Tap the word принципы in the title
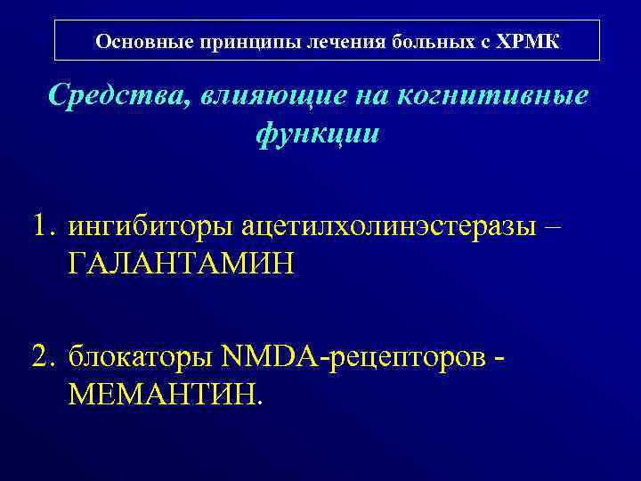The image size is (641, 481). (x=231, y=41)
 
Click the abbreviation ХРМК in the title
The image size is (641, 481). (x=528, y=41)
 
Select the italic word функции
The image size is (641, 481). (x=318, y=133)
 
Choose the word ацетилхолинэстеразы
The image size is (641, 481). (x=389, y=226)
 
